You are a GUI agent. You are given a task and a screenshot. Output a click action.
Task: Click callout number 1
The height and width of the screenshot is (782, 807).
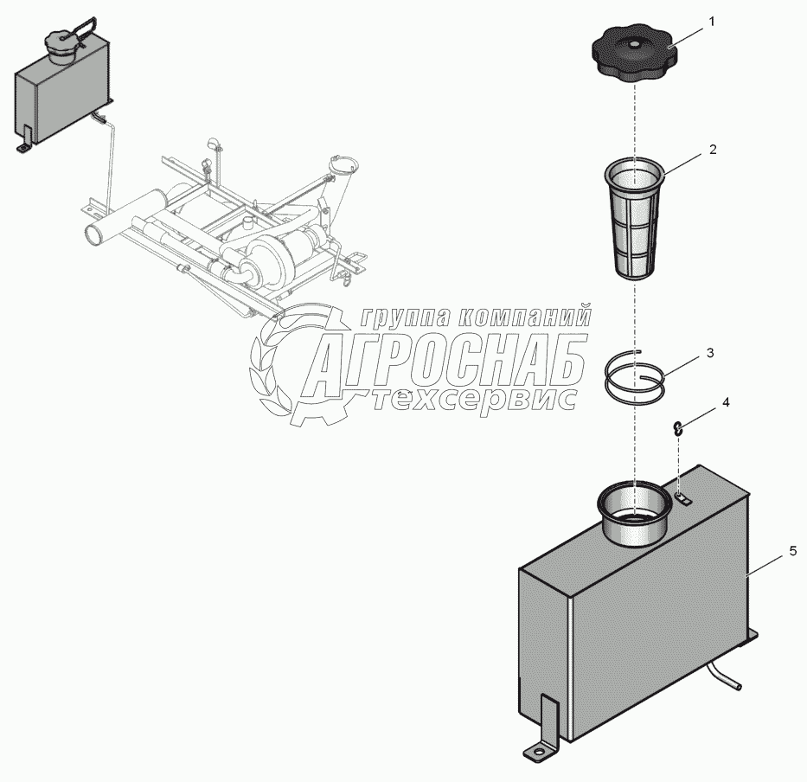[712, 22]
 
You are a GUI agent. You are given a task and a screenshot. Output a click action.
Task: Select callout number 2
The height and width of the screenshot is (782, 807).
[713, 150]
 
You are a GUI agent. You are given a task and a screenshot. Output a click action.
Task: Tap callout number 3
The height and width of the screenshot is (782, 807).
[710, 353]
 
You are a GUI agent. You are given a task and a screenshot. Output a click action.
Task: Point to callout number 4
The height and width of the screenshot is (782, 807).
[726, 402]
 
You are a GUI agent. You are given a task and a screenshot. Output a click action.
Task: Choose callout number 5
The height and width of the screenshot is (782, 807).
[793, 551]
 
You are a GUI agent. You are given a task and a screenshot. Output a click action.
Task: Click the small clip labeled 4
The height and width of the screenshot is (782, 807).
[678, 428]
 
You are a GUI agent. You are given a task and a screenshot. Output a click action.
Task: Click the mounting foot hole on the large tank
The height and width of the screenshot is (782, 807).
[538, 753]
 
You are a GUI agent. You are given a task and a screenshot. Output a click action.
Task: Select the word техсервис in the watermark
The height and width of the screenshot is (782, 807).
[473, 399]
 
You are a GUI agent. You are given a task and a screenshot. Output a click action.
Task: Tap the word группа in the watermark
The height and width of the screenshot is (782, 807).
[405, 317]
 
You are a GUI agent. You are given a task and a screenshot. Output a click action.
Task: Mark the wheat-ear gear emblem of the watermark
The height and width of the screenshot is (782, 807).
[291, 364]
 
